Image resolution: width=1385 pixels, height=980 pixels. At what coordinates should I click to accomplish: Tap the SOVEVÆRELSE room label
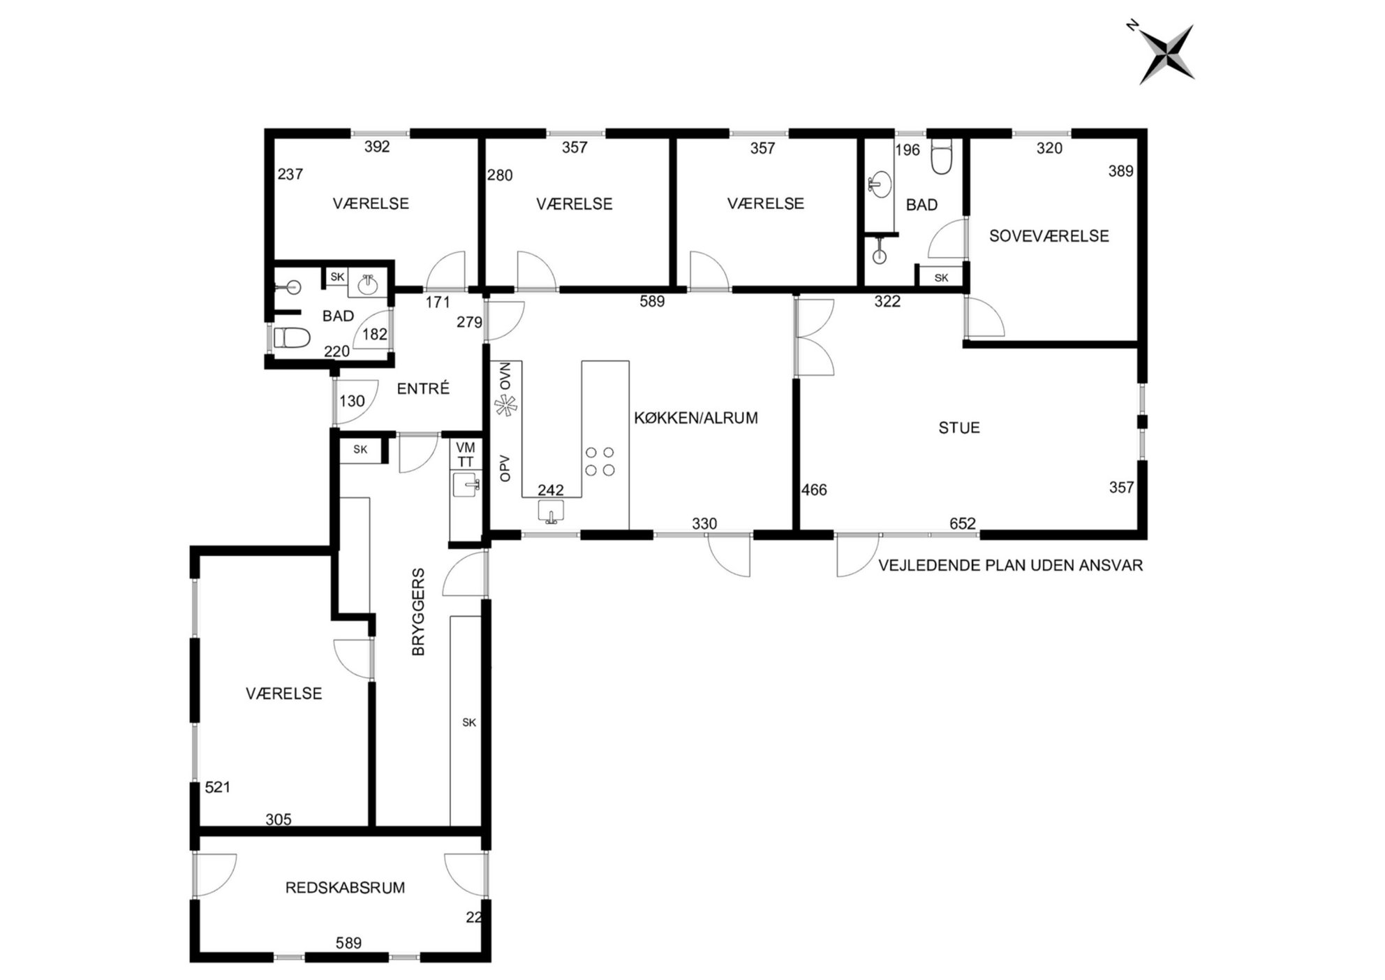point(1049,236)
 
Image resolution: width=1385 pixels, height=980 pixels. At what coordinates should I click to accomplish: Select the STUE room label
point(959,427)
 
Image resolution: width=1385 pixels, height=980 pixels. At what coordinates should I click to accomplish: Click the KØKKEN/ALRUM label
point(695,418)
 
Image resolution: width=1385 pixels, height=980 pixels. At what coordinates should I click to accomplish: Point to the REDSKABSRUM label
point(345,888)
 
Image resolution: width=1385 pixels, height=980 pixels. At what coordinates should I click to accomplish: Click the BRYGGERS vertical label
point(418,612)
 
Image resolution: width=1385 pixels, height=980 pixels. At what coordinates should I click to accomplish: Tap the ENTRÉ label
point(423,388)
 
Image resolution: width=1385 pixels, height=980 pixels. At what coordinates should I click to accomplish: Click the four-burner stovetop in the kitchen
point(600,461)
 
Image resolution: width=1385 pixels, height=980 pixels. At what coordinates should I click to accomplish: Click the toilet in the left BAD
point(292,338)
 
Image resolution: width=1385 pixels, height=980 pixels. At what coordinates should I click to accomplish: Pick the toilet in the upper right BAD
point(941,157)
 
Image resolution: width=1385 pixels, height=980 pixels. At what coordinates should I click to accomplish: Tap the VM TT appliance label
point(466,454)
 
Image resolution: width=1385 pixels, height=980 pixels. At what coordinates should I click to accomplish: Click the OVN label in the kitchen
point(505,376)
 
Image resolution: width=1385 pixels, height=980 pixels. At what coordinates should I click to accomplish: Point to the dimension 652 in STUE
point(962,523)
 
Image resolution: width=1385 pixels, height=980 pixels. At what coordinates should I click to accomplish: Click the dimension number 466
point(814,490)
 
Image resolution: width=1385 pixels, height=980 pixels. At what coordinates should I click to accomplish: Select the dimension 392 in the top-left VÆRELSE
point(377,147)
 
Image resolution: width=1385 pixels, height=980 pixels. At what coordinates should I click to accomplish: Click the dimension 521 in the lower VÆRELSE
point(217,787)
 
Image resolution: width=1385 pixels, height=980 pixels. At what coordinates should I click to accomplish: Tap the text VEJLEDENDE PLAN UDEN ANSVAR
point(1010,565)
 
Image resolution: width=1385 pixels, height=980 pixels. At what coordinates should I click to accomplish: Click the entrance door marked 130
point(355,402)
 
